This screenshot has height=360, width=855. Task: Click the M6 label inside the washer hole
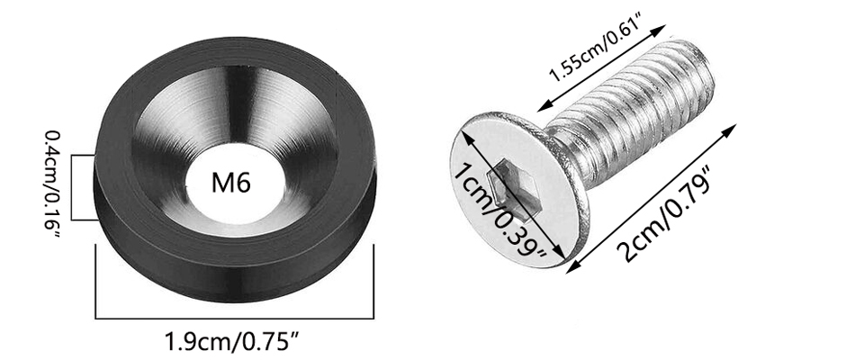pos(231,183)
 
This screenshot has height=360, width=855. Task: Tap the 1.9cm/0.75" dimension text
pos(234,342)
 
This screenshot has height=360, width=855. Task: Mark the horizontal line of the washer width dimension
pos(235,318)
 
